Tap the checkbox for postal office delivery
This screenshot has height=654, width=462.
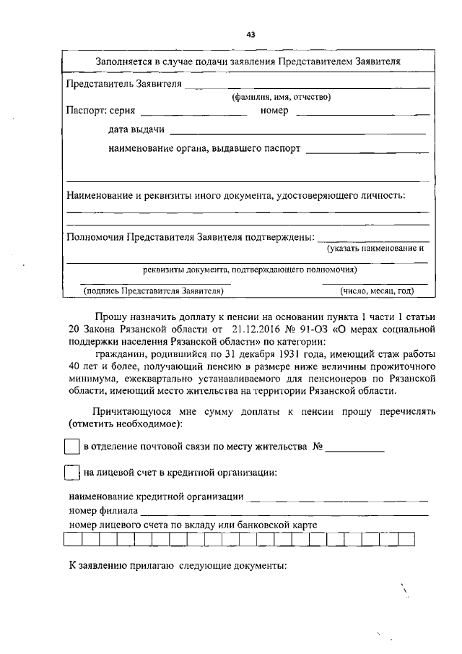[x=71, y=447]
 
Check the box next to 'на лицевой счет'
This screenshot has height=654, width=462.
[x=71, y=473]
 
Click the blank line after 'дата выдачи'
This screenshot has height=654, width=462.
[x=299, y=132]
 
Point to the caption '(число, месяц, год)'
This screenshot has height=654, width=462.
[x=376, y=291]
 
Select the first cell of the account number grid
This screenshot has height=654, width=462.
[x=73, y=538]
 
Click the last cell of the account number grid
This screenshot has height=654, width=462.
[x=406, y=538]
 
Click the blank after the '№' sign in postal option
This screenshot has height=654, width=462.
[x=354, y=449]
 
